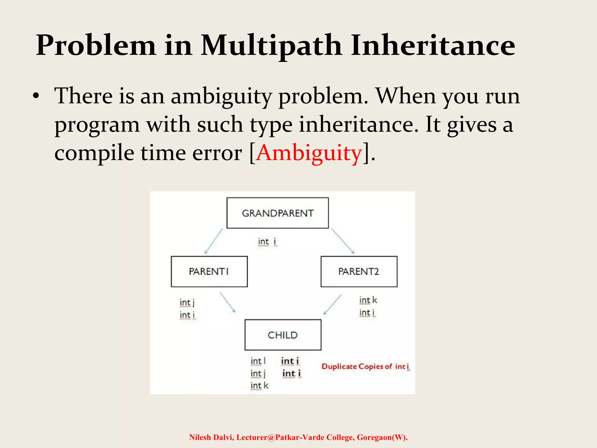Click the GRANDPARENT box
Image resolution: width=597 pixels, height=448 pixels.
(x=278, y=213)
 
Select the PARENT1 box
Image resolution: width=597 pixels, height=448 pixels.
(x=209, y=272)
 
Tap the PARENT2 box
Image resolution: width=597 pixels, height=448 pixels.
(x=359, y=272)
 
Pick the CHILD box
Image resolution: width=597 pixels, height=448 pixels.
(x=283, y=335)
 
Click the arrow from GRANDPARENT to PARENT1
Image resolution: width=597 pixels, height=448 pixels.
(x=214, y=241)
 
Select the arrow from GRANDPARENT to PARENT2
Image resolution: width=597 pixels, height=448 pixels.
(x=343, y=241)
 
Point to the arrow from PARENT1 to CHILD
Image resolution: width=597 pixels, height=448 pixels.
(x=227, y=302)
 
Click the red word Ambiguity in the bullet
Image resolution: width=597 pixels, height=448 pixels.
(x=309, y=153)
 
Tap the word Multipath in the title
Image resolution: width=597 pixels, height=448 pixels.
(x=271, y=45)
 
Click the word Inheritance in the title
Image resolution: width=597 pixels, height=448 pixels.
(x=433, y=45)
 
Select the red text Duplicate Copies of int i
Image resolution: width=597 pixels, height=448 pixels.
(x=366, y=366)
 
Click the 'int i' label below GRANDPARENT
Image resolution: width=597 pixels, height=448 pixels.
(x=267, y=242)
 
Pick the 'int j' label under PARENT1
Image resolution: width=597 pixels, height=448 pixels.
(x=187, y=302)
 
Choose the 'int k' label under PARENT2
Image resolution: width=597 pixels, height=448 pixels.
(x=368, y=300)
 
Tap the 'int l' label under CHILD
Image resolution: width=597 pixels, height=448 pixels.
(x=258, y=361)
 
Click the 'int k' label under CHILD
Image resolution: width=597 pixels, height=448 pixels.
(x=259, y=386)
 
